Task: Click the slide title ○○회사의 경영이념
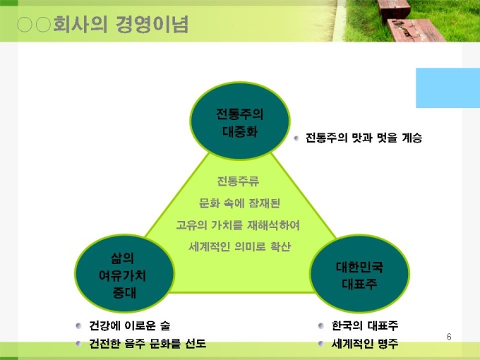[x=102, y=25]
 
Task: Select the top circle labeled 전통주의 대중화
[x=240, y=120]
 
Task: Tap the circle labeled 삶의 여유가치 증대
[x=124, y=273]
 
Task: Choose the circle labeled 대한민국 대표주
[x=359, y=273]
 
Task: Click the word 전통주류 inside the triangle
[x=238, y=181]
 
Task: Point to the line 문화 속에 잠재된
[x=239, y=203]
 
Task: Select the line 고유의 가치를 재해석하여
[x=238, y=225]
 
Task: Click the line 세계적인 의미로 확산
[x=239, y=246]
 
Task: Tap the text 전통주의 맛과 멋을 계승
[x=364, y=138]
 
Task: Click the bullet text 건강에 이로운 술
[x=129, y=325]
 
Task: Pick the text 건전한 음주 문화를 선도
[x=148, y=344]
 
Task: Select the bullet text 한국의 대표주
[x=365, y=325]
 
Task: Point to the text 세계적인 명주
[x=365, y=344]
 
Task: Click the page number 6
[x=449, y=337]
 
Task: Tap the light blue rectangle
[x=448, y=88]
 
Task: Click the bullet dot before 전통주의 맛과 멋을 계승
[x=296, y=138]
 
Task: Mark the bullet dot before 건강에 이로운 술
[x=78, y=325]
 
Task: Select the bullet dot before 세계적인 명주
[x=320, y=344]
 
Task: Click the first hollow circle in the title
[x=25, y=25]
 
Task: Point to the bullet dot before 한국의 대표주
[x=320, y=325]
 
